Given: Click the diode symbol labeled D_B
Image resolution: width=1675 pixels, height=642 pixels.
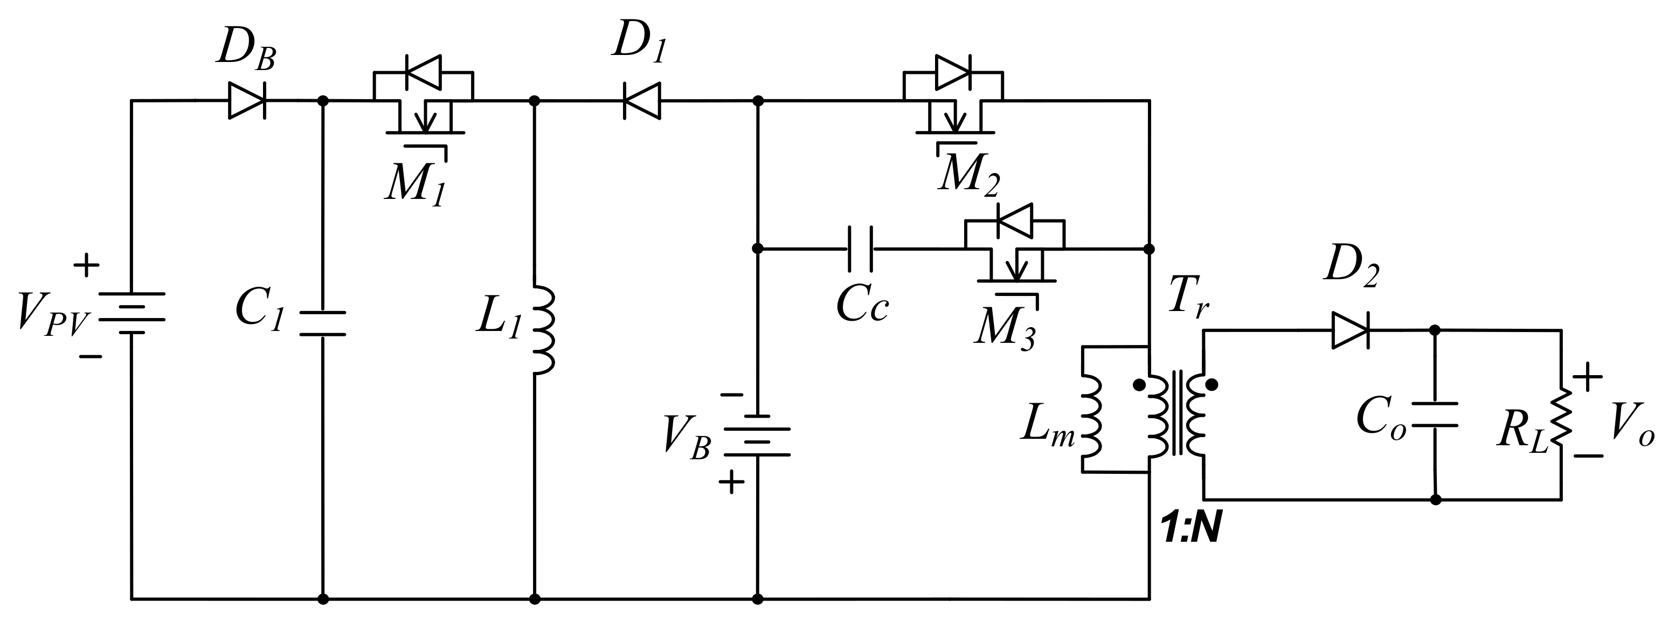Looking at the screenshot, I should click(247, 101).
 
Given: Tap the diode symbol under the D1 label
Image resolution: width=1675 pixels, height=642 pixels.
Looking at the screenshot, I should click(642, 101).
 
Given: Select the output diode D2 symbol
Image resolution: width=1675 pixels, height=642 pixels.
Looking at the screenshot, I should click(1350, 330).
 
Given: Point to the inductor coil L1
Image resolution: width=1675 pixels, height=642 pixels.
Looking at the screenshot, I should click(544, 331).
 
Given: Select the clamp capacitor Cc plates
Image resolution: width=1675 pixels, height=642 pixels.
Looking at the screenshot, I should click(860, 249).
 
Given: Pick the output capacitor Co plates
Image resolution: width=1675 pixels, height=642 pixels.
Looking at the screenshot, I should click(1436, 415).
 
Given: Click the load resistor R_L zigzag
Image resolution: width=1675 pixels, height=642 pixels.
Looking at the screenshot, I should click(1562, 419).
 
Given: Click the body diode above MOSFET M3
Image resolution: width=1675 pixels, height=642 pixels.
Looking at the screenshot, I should click(1014, 221).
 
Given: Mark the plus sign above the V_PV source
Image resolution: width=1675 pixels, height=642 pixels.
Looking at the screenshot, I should click(86, 265).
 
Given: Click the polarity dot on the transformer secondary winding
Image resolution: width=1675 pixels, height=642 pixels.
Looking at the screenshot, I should click(1211, 384).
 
